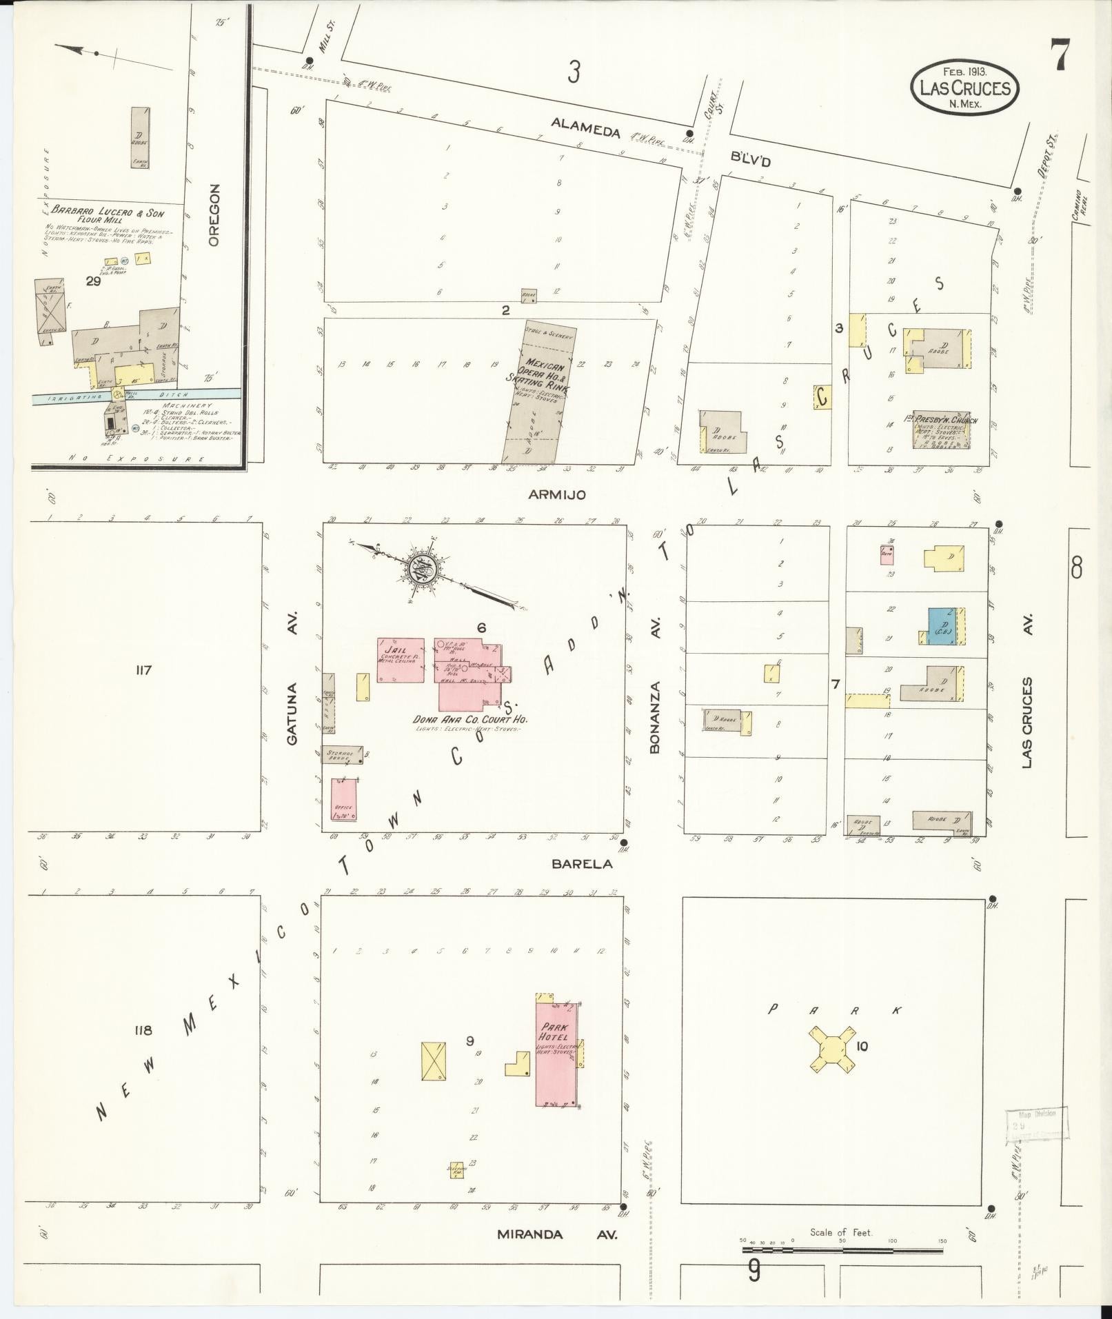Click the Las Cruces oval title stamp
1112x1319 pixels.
click(964, 88)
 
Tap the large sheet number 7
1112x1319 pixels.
click(1060, 54)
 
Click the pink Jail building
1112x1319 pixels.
click(401, 660)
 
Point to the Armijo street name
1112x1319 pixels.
click(557, 494)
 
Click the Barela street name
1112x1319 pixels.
click(580, 863)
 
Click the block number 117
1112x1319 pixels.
click(143, 669)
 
